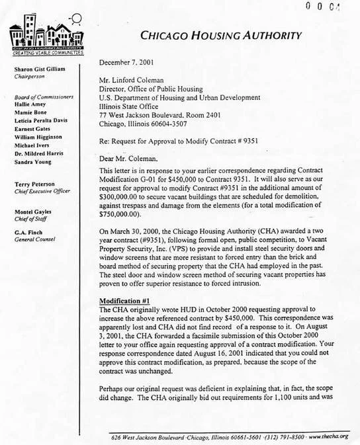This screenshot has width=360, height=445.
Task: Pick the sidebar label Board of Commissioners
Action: point(42,98)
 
